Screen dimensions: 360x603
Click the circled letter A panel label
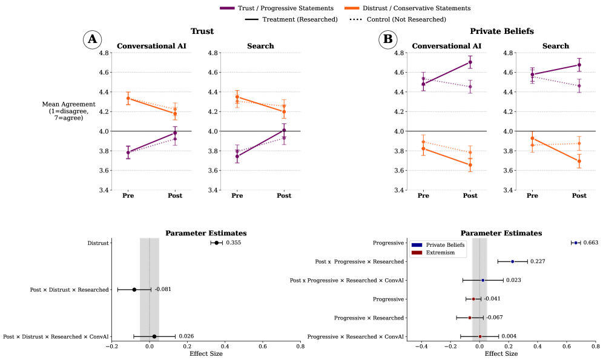click(92, 40)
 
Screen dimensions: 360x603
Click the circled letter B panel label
click(388, 40)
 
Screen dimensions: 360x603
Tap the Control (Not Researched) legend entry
click(398, 19)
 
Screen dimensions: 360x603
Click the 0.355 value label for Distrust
click(234, 243)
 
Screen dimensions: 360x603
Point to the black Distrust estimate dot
click(216, 243)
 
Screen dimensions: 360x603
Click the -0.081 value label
click(162, 289)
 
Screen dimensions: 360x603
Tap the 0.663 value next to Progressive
click(591, 243)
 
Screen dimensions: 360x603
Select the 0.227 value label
click(538, 261)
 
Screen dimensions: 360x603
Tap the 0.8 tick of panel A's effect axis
click(300, 347)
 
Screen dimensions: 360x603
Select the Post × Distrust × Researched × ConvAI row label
click(56, 336)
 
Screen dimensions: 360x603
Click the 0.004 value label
click(509, 336)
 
